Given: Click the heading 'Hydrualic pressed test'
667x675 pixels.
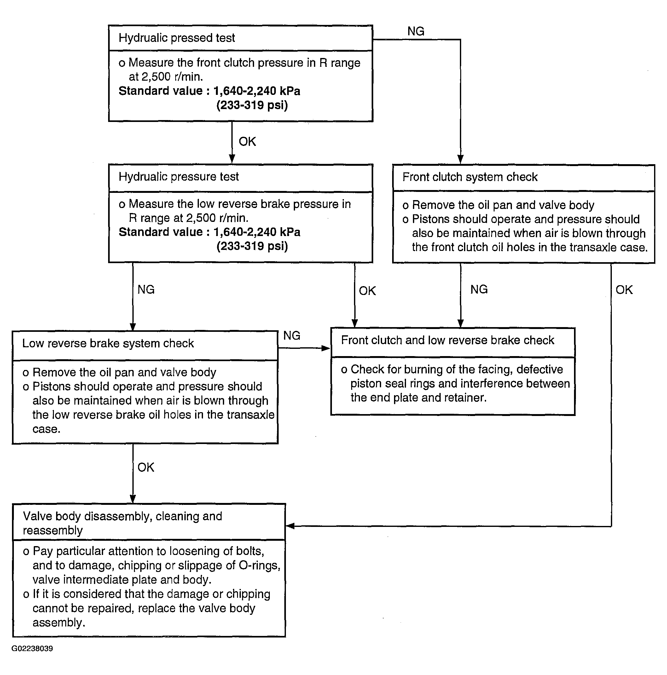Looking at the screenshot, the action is (177, 38).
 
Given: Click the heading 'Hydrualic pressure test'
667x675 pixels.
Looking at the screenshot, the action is (178, 177).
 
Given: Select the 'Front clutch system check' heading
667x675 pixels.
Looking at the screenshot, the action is (470, 177).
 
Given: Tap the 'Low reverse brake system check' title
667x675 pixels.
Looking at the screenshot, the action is (108, 343).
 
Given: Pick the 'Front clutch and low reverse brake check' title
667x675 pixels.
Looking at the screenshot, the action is (447, 340).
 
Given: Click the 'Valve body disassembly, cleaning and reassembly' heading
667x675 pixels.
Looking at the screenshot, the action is (122, 523).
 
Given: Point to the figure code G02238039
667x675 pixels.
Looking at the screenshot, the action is (32, 649).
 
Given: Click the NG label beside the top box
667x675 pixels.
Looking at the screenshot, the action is (416, 32).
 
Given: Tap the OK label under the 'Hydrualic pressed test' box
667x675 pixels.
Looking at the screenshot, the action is (247, 141).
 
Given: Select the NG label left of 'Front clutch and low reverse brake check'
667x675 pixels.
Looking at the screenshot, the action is (292, 335).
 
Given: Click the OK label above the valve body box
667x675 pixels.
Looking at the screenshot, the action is (146, 467).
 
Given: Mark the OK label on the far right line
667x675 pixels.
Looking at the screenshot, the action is (624, 290).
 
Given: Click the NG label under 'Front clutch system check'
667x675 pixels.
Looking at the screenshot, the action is (479, 289).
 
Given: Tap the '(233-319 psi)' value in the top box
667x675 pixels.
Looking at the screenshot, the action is (252, 105).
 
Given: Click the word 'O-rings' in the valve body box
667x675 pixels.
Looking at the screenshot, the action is (259, 565).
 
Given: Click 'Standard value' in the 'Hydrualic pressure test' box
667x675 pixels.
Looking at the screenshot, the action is (161, 232).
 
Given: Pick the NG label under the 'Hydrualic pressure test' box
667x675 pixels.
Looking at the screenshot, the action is (146, 289).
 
